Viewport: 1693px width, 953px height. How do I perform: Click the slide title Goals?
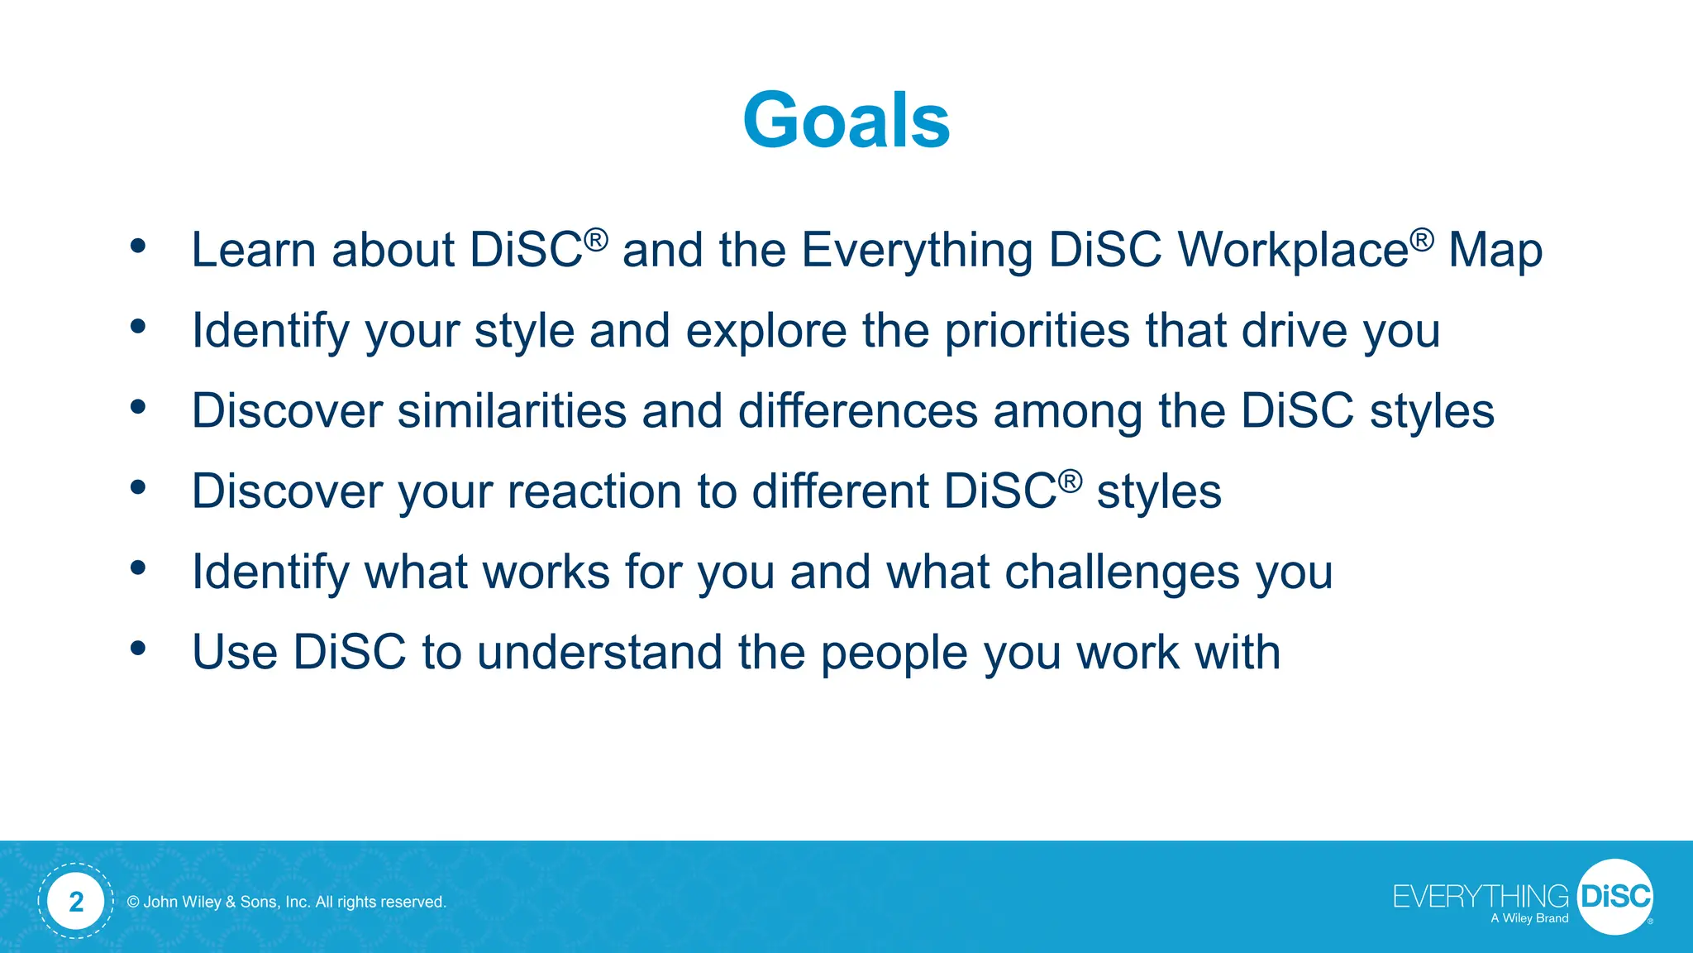[846, 121]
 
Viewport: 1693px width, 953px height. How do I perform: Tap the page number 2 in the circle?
[76, 901]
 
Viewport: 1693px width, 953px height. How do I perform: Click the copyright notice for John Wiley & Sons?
[287, 902]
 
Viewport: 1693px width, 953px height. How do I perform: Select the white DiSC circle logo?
[1614, 897]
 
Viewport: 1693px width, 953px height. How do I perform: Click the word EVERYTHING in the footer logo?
[1480, 897]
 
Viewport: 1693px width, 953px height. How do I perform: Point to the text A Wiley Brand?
[1529, 918]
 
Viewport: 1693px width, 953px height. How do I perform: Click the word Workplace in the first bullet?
[1293, 250]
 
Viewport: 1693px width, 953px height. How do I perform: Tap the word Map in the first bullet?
[1495, 250]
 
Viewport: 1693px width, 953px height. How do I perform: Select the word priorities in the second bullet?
[1037, 331]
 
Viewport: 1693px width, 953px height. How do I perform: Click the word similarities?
[512, 410]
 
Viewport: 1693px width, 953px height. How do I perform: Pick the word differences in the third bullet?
[857, 410]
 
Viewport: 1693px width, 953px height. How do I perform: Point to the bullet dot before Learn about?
[138, 246]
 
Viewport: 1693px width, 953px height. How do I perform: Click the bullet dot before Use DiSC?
[138, 649]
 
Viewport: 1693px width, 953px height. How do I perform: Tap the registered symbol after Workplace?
[1422, 240]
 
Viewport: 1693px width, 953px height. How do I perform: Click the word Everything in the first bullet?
[917, 250]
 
